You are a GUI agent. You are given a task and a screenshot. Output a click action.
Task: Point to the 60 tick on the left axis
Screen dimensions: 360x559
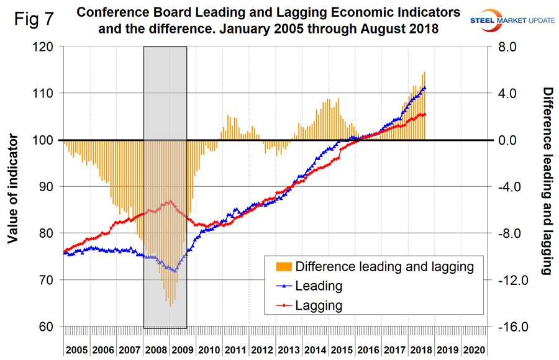pyautogui.click(x=50, y=326)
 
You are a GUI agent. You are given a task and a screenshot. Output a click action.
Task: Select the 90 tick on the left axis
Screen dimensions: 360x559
pyautogui.click(x=50, y=186)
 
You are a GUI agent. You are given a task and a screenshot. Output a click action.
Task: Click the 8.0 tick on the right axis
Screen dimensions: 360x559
pyautogui.click(x=511, y=47)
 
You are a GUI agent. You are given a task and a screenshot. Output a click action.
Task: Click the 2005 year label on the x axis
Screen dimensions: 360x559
pyautogui.click(x=77, y=349)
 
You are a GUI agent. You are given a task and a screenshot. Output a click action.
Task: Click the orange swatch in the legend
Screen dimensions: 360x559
pyautogui.click(x=283, y=267)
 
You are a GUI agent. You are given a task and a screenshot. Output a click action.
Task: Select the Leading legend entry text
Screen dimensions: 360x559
pyautogui.click(x=319, y=286)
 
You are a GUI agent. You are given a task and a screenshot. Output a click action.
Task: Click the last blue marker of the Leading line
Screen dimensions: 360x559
pyautogui.click(x=424, y=88)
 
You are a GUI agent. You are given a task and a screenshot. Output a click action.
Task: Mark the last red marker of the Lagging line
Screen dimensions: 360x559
pyautogui.click(x=424, y=114)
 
